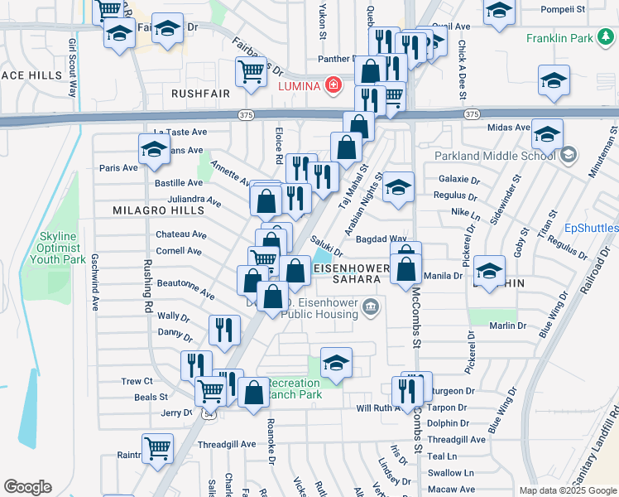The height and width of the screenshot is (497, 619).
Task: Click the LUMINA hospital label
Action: pos(299,85)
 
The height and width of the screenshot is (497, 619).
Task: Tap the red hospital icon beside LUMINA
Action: pos(333,84)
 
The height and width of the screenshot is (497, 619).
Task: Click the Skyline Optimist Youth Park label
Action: pos(57,248)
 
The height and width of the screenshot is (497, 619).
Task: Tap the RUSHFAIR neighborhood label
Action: pos(200,94)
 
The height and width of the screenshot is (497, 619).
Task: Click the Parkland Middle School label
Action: pos(495,154)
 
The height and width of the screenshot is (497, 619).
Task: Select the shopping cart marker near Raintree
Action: pos(157,449)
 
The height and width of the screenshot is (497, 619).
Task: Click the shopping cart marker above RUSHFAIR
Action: pos(251,70)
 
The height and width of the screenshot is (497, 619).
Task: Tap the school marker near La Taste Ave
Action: pos(153,149)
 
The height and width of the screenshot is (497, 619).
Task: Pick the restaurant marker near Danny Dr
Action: pos(223,331)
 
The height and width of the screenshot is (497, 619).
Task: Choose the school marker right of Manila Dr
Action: pos(489,270)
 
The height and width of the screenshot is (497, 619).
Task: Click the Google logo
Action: pos(27,487)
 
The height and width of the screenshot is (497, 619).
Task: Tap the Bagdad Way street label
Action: pos(381,239)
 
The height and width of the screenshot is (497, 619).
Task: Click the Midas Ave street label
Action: pos(510,127)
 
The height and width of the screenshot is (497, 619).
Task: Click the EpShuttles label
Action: pos(591,228)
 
